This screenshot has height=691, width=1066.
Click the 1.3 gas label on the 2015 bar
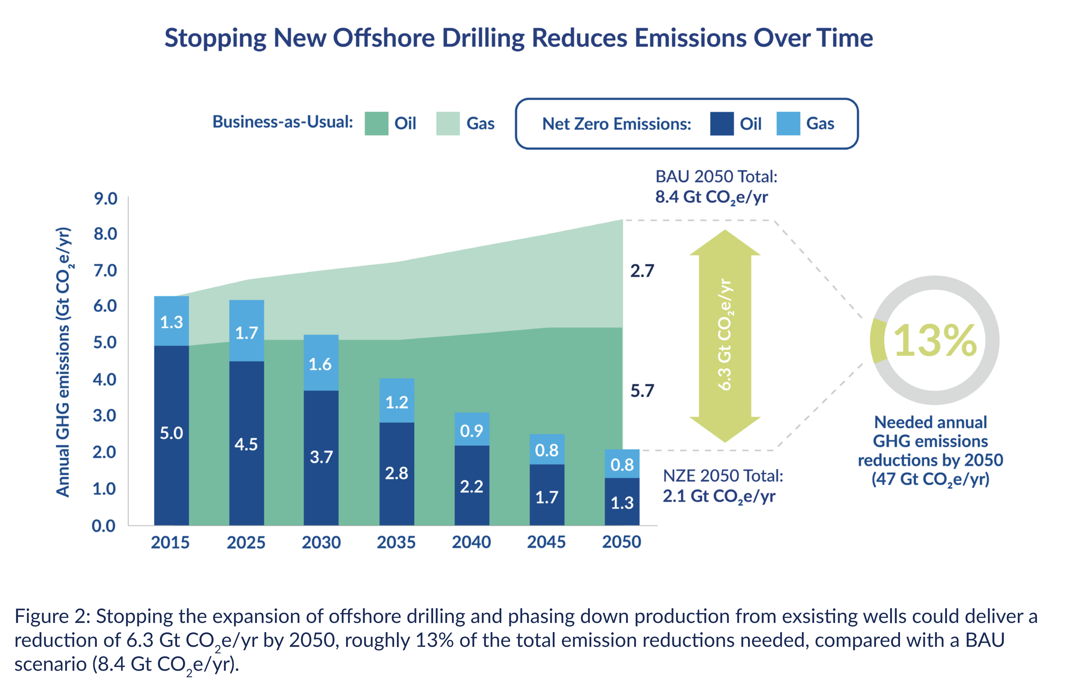[x=172, y=322]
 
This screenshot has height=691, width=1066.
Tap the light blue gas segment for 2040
[x=472, y=430]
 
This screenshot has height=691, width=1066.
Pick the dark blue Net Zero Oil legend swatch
[x=721, y=123]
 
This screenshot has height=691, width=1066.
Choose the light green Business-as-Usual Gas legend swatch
[x=447, y=123]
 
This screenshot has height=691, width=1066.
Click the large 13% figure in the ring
[x=935, y=341]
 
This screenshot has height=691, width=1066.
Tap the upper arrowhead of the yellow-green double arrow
[x=725, y=244]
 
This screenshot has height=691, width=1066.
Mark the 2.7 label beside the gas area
[x=642, y=271]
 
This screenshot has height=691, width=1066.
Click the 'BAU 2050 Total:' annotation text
[x=716, y=177]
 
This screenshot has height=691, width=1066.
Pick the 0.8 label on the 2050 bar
[x=622, y=464]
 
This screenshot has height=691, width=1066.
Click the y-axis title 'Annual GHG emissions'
[x=63, y=412]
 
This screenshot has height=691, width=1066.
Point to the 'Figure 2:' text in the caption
[x=53, y=616]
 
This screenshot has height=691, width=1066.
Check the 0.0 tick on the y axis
[x=103, y=526]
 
